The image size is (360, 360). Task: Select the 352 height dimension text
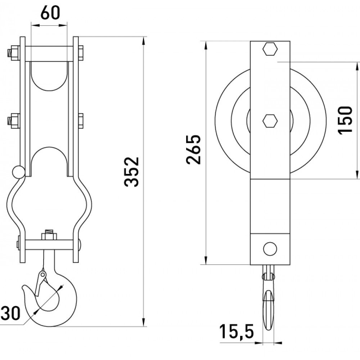(131, 172)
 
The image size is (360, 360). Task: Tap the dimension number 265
(194, 149)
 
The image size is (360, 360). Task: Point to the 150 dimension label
(345, 120)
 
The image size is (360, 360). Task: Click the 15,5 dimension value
(237, 331)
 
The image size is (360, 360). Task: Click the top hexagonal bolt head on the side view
(270, 49)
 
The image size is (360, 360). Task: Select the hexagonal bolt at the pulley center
(270, 121)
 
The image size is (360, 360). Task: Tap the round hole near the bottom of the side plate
(270, 249)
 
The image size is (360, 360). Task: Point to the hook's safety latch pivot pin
(42, 274)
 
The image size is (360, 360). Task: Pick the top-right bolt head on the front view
(81, 53)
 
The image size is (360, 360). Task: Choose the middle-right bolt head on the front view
(81, 121)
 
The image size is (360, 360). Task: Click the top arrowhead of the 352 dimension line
(144, 41)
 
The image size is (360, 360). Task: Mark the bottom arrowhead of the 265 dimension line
(206, 260)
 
